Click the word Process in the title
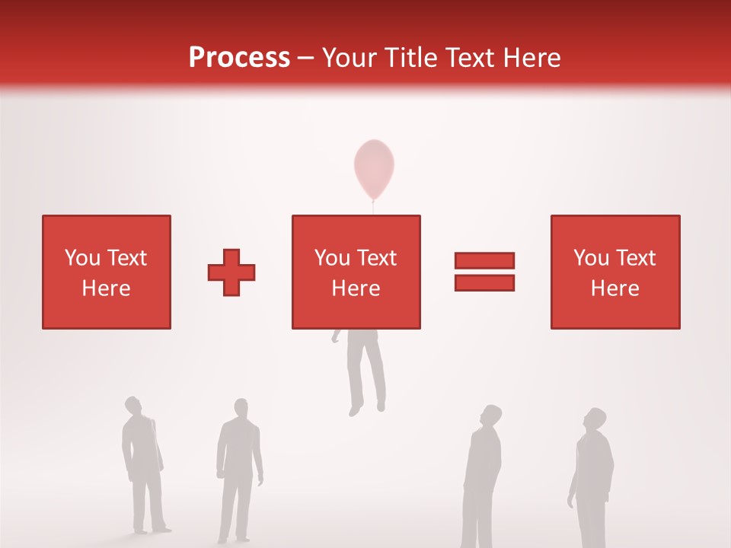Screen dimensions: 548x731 (x=239, y=57)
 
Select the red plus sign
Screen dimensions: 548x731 (x=231, y=272)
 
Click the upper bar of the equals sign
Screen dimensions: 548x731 (x=484, y=260)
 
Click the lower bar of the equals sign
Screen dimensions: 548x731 (x=484, y=282)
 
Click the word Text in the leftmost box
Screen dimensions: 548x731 (x=126, y=258)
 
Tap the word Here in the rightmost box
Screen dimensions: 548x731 (x=614, y=288)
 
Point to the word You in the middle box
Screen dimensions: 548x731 (x=332, y=258)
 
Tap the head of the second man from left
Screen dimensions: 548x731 (x=241, y=407)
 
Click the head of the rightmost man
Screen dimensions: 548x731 (x=595, y=419)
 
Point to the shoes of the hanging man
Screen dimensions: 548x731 (x=366, y=409)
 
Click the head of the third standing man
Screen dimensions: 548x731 (x=491, y=416)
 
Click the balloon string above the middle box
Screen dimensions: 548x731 (x=373, y=206)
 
